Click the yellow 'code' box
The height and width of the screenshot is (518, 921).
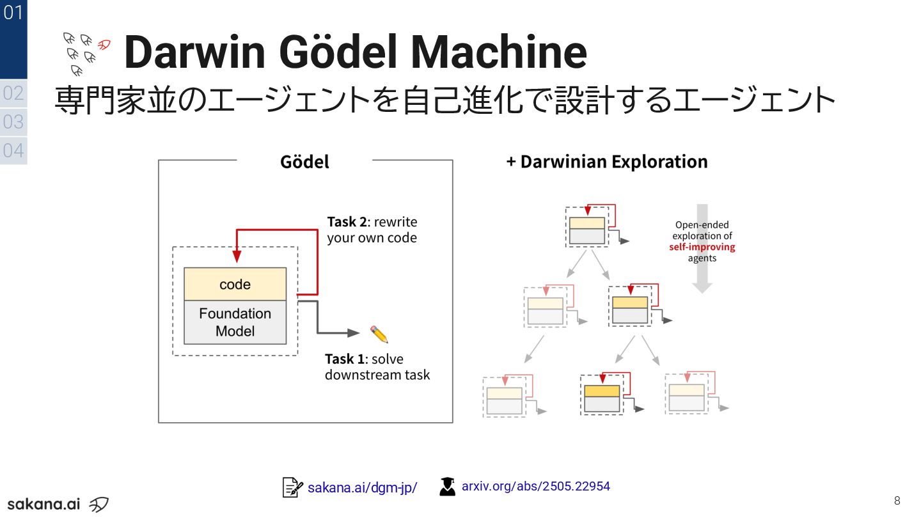click(235, 285)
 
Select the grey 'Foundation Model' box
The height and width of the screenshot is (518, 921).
click(235, 322)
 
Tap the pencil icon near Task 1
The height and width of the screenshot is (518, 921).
click(379, 334)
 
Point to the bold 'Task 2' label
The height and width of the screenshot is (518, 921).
click(347, 222)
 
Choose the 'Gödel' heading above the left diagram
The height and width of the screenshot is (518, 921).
click(304, 162)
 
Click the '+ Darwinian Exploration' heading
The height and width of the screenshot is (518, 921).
click(607, 162)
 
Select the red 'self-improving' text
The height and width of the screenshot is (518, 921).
click(702, 247)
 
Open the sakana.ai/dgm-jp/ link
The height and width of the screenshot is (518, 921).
click(362, 488)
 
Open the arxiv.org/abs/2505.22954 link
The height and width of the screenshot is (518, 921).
click(535, 486)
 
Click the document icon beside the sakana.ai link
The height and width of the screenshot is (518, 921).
click(292, 487)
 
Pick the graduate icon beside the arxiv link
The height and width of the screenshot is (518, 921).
click(448, 487)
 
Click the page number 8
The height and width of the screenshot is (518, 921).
click(897, 500)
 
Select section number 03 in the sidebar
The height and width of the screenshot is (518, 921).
click(13, 122)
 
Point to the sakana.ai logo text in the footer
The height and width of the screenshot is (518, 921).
click(43, 503)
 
